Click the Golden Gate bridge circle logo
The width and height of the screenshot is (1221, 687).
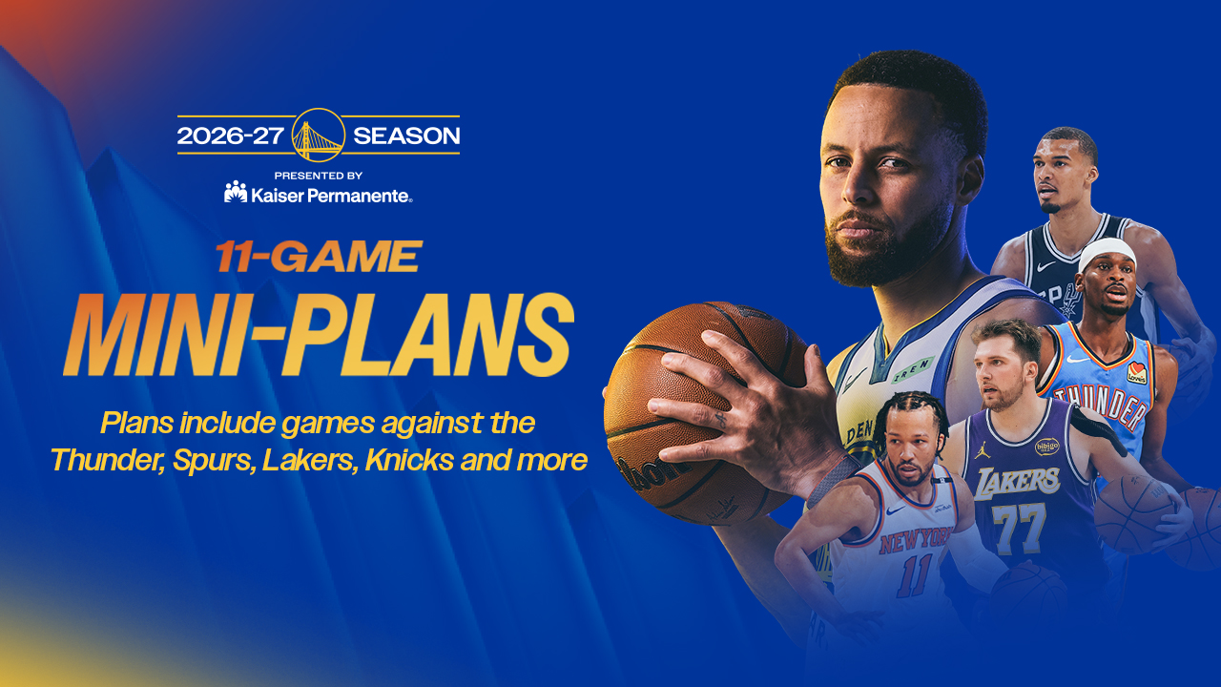[319, 135]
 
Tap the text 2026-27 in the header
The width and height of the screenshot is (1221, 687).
[231, 135]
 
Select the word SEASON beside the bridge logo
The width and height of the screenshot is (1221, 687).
[406, 135]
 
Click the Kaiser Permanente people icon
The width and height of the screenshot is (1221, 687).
[236, 192]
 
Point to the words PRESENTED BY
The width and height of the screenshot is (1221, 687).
[319, 176]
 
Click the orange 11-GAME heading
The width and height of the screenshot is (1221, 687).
[319, 257]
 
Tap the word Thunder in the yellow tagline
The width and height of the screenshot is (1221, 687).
[108, 460]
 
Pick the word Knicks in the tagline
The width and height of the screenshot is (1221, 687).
[409, 460]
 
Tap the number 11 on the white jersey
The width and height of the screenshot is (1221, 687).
[915, 575]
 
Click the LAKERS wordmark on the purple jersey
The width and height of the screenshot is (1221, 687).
[1017, 483]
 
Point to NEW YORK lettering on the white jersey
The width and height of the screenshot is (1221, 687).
[916, 540]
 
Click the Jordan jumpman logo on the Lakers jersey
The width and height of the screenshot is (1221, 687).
[982, 450]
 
